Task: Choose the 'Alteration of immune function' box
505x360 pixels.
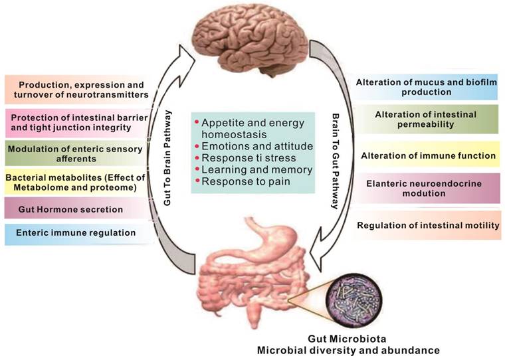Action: tap(428, 156)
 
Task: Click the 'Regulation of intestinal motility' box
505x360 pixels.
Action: tap(428, 226)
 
